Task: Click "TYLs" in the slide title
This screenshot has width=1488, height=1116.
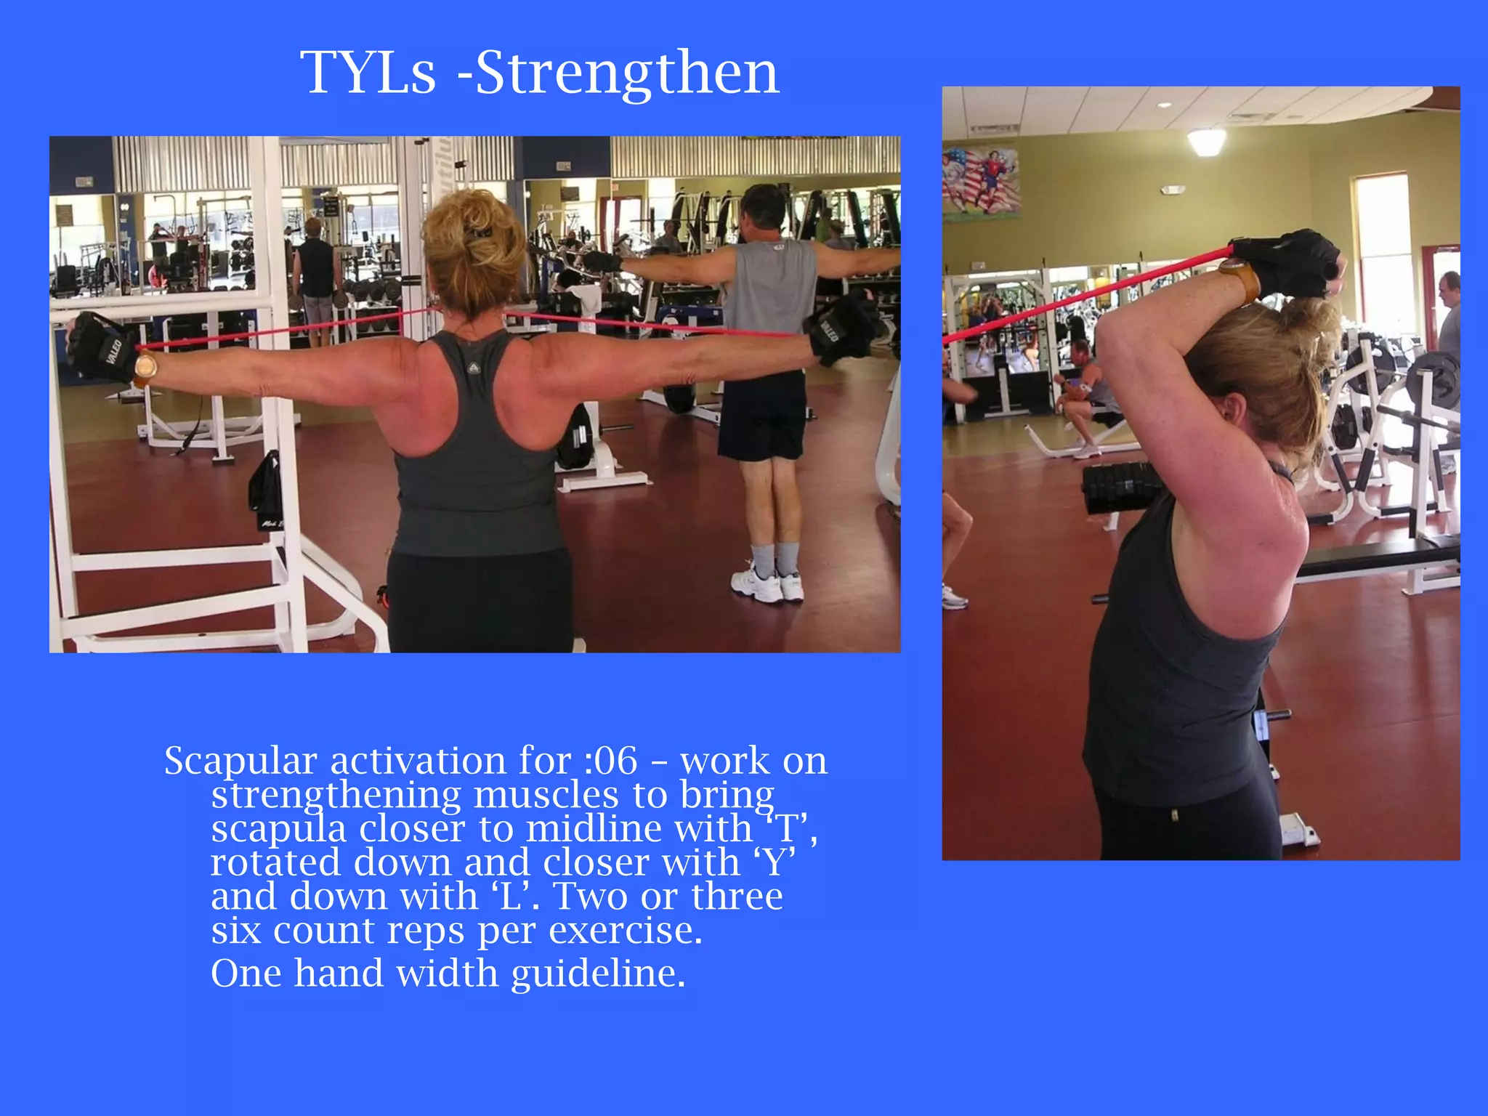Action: (x=368, y=73)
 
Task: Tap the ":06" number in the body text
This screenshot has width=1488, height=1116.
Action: (x=610, y=761)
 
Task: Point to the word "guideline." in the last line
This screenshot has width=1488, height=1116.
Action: (x=598, y=974)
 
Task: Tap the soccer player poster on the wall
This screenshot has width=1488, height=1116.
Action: (x=981, y=182)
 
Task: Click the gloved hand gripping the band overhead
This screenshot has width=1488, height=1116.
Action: (x=1290, y=262)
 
